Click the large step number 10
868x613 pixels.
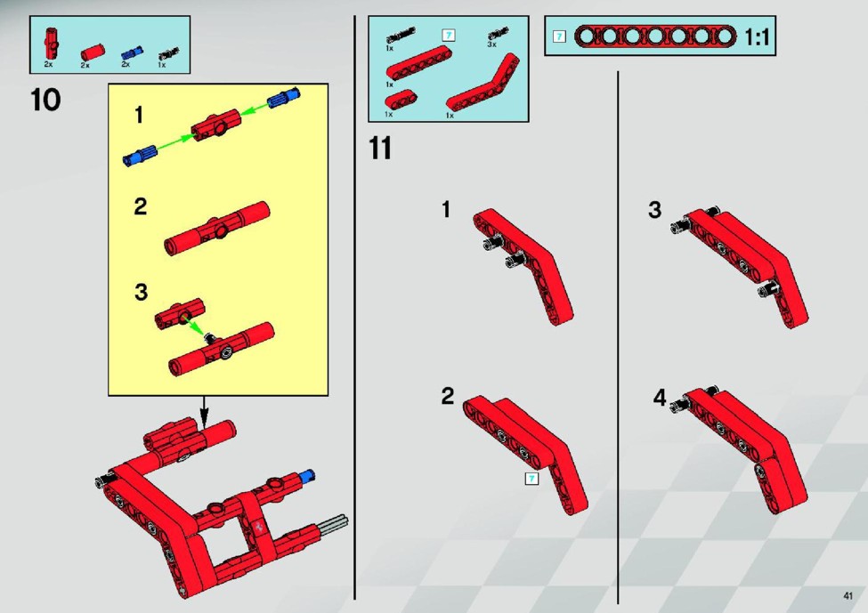click(45, 101)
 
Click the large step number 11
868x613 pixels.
click(380, 149)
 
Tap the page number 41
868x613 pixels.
click(848, 596)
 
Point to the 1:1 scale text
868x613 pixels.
click(757, 37)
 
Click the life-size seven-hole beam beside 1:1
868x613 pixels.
click(655, 36)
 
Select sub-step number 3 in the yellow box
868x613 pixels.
click(142, 292)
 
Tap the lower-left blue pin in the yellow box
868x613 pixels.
click(140, 155)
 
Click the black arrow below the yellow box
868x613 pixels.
click(204, 412)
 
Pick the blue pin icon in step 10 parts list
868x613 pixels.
click(131, 53)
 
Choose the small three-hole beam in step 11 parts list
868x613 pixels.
click(401, 100)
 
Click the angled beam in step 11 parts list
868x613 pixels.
click(483, 82)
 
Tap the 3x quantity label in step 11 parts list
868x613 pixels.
click(491, 44)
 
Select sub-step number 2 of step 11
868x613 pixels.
click(447, 396)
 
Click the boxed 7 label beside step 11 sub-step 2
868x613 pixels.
click(531, 479)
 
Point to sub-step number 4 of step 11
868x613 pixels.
click(660, 397)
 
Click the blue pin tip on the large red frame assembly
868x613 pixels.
click(307, 475)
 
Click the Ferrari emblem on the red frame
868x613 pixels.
click(259, 526)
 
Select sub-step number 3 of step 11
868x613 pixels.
click(655, 210)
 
